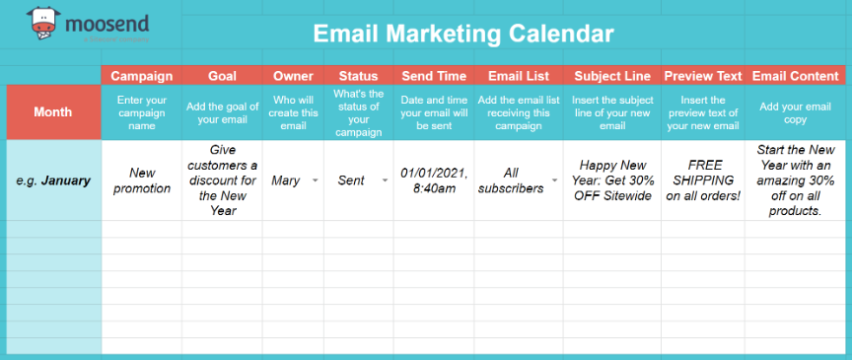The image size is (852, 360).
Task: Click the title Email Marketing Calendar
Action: (x=463, y=34)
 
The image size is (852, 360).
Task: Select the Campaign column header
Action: (x=141, y=76)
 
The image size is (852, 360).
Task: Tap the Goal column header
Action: (x=222, y=76)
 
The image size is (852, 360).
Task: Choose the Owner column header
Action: (x=293, y=76)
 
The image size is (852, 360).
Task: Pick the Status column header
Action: (x=358, y=76)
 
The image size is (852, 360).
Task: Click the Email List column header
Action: (x=519, y=76)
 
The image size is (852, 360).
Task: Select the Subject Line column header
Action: (x=610, y=76)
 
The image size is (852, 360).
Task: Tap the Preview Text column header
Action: (x=702, y=76)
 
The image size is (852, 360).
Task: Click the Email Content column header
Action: (x=796, y=76)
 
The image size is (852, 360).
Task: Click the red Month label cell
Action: (x=52, y=111)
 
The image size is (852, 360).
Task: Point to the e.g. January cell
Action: (x=52, y=180)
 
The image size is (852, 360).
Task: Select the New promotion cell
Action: (x=141, y=180)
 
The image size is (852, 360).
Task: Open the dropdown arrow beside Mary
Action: (x=315, y=181)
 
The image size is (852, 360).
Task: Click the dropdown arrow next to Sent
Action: (x=384, y=181)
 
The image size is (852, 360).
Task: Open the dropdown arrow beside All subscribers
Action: (x=555, y=181)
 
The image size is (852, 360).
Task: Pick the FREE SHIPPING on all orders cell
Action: (x=702, y=180)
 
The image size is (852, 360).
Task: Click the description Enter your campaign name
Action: (x=141, y=111)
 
